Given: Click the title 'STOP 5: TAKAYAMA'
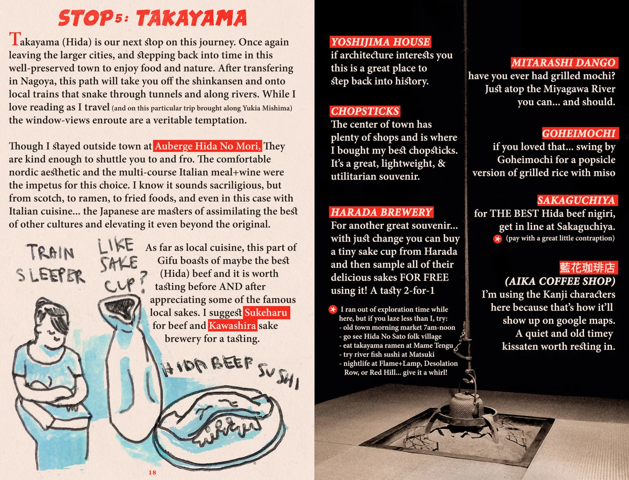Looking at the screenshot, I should coord(152,18).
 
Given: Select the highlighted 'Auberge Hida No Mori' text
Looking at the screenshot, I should coord(208,146).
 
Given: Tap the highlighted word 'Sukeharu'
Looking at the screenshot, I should coord(266,312).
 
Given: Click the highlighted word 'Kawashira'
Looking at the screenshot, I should coord(232,325).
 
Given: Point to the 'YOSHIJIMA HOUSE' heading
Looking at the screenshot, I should coord(380,42).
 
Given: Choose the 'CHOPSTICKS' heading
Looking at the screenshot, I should coord(365,111).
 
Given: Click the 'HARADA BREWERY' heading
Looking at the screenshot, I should coord(381,212).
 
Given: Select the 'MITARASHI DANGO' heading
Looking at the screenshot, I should coord(564,63).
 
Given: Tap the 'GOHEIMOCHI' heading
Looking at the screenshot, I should coord(579,134).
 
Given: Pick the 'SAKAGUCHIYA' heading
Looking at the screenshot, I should coord(576,200).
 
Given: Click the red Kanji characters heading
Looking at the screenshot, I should coord(587,268).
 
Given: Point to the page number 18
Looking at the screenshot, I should coord(152,472).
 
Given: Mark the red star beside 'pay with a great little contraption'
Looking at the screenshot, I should coord(497,239).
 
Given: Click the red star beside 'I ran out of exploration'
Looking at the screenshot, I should coord(333,310).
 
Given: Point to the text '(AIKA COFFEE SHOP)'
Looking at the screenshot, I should coord(560,281).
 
